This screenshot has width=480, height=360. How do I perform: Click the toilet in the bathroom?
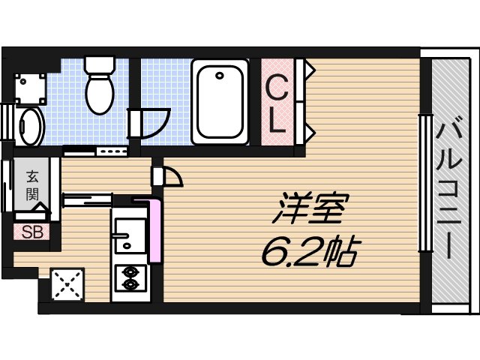point(99,93)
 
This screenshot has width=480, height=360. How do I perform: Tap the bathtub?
point(219,102)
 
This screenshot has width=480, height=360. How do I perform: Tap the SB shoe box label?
point(31,232)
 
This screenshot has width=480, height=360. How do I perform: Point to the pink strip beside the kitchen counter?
point(155,230)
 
